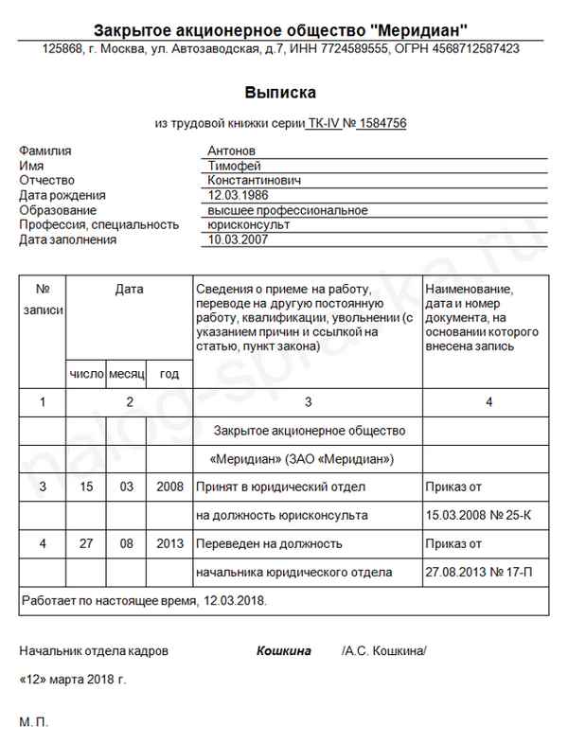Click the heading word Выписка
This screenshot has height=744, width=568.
[x=282, y=92]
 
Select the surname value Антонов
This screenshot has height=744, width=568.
[x=232, y=151]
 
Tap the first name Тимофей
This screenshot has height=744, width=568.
[x=235, y=166]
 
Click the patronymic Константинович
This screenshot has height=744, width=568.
[x=255, y=180]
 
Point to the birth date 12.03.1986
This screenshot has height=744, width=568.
[x=238, y=195]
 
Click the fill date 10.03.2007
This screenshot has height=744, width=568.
[x=238, y=240]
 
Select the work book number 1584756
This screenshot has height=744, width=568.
[x=382, y=123]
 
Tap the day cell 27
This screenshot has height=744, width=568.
[x=87, y=544]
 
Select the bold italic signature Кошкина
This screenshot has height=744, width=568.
[x=284, y=652]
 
